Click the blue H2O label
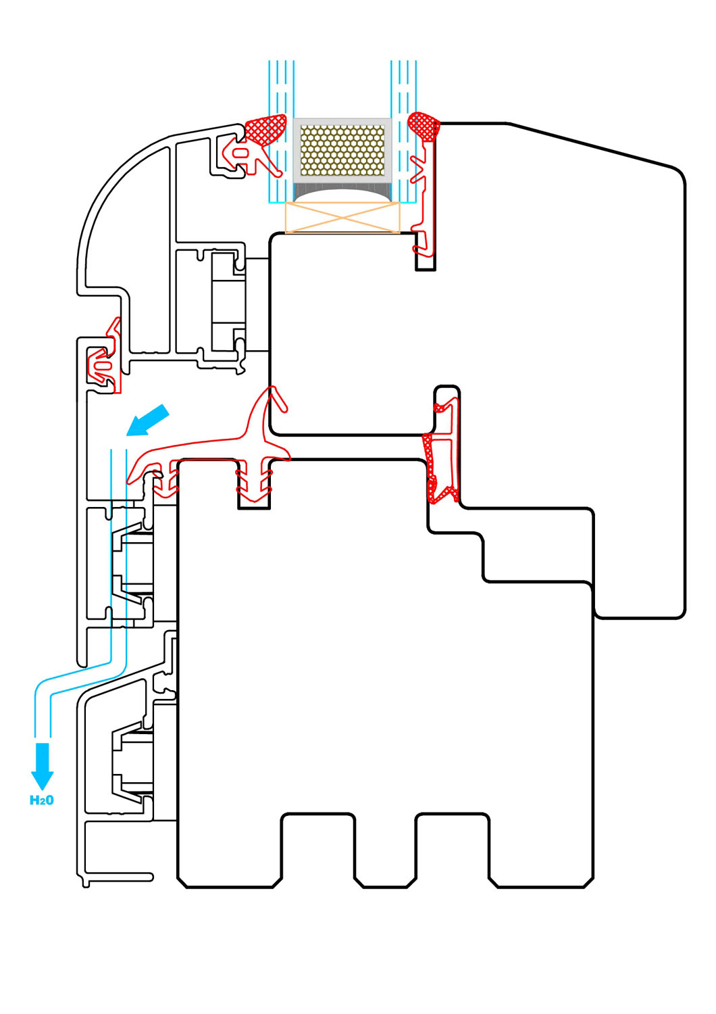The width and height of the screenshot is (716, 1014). coord(42,800)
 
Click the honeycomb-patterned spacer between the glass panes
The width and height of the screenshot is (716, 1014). coord(342,149)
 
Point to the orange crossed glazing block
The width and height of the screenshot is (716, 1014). coord(342,218)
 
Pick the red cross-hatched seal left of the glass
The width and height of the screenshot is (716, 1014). coord(265,128)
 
